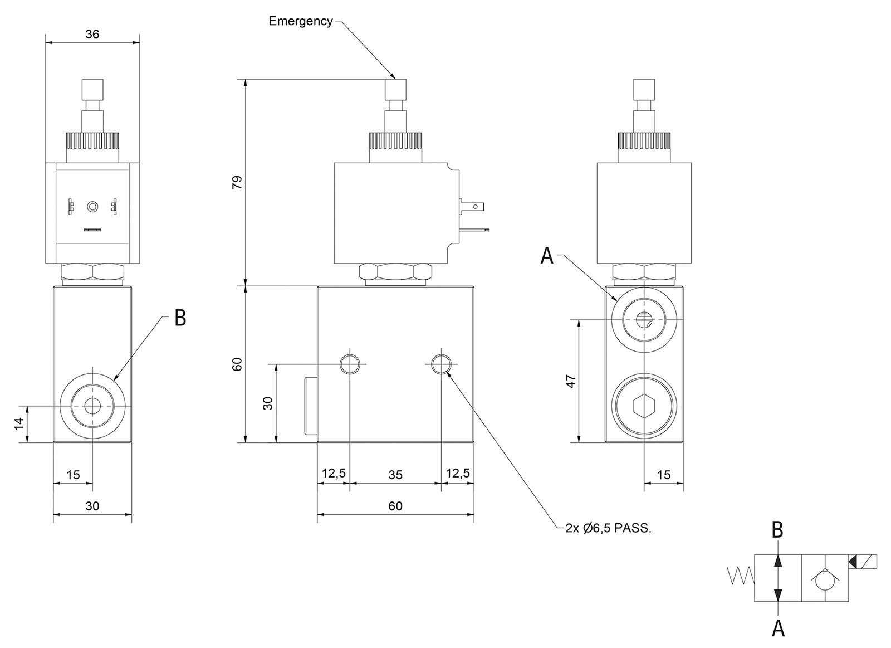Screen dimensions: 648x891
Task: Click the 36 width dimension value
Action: [92, 34]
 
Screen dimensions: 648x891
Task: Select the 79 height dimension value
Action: [238, 183]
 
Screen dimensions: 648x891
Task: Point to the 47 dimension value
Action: [571, 381]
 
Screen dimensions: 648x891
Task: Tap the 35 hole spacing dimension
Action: [395, 475]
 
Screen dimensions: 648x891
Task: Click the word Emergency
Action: [300, 21]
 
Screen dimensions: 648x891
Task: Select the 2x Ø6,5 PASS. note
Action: [608, 528]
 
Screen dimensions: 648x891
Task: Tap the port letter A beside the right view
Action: [547, 256]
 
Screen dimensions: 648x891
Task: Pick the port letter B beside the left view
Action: [180, 318]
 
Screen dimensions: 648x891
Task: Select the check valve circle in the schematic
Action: [825, 581]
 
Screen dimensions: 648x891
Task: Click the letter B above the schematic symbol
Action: [777, 530]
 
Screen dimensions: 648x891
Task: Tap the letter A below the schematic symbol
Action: [778, 628]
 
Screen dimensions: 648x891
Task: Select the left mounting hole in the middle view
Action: [350, 364]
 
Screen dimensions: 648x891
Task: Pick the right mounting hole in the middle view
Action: [441, 364]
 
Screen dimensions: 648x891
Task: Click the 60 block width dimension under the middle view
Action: [395, 506]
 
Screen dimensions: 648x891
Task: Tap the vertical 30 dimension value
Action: [268, 403]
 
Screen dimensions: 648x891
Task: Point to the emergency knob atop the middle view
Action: [396, 88]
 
